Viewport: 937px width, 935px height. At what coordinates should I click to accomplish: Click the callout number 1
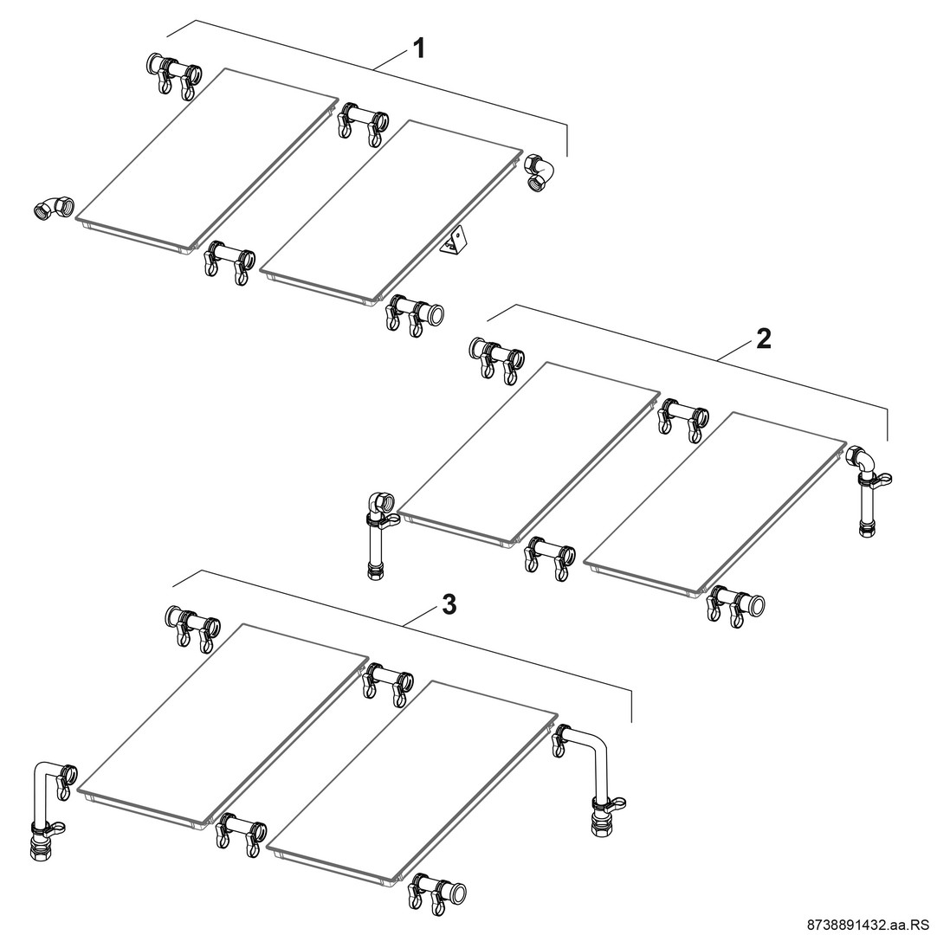[x=419, y=48]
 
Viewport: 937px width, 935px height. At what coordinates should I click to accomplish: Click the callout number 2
[x=763, y=339]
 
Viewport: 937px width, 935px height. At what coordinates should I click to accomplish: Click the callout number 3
[x=449, y=604]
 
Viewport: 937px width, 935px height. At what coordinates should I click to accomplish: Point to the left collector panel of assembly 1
[x=205, y=159]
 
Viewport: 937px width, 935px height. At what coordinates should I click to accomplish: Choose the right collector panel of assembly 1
[x=391, y=213]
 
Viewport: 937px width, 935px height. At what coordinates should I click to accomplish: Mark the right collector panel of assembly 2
[x=714, y=506]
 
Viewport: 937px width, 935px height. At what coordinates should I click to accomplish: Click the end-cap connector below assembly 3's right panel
[x=437, y=891]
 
